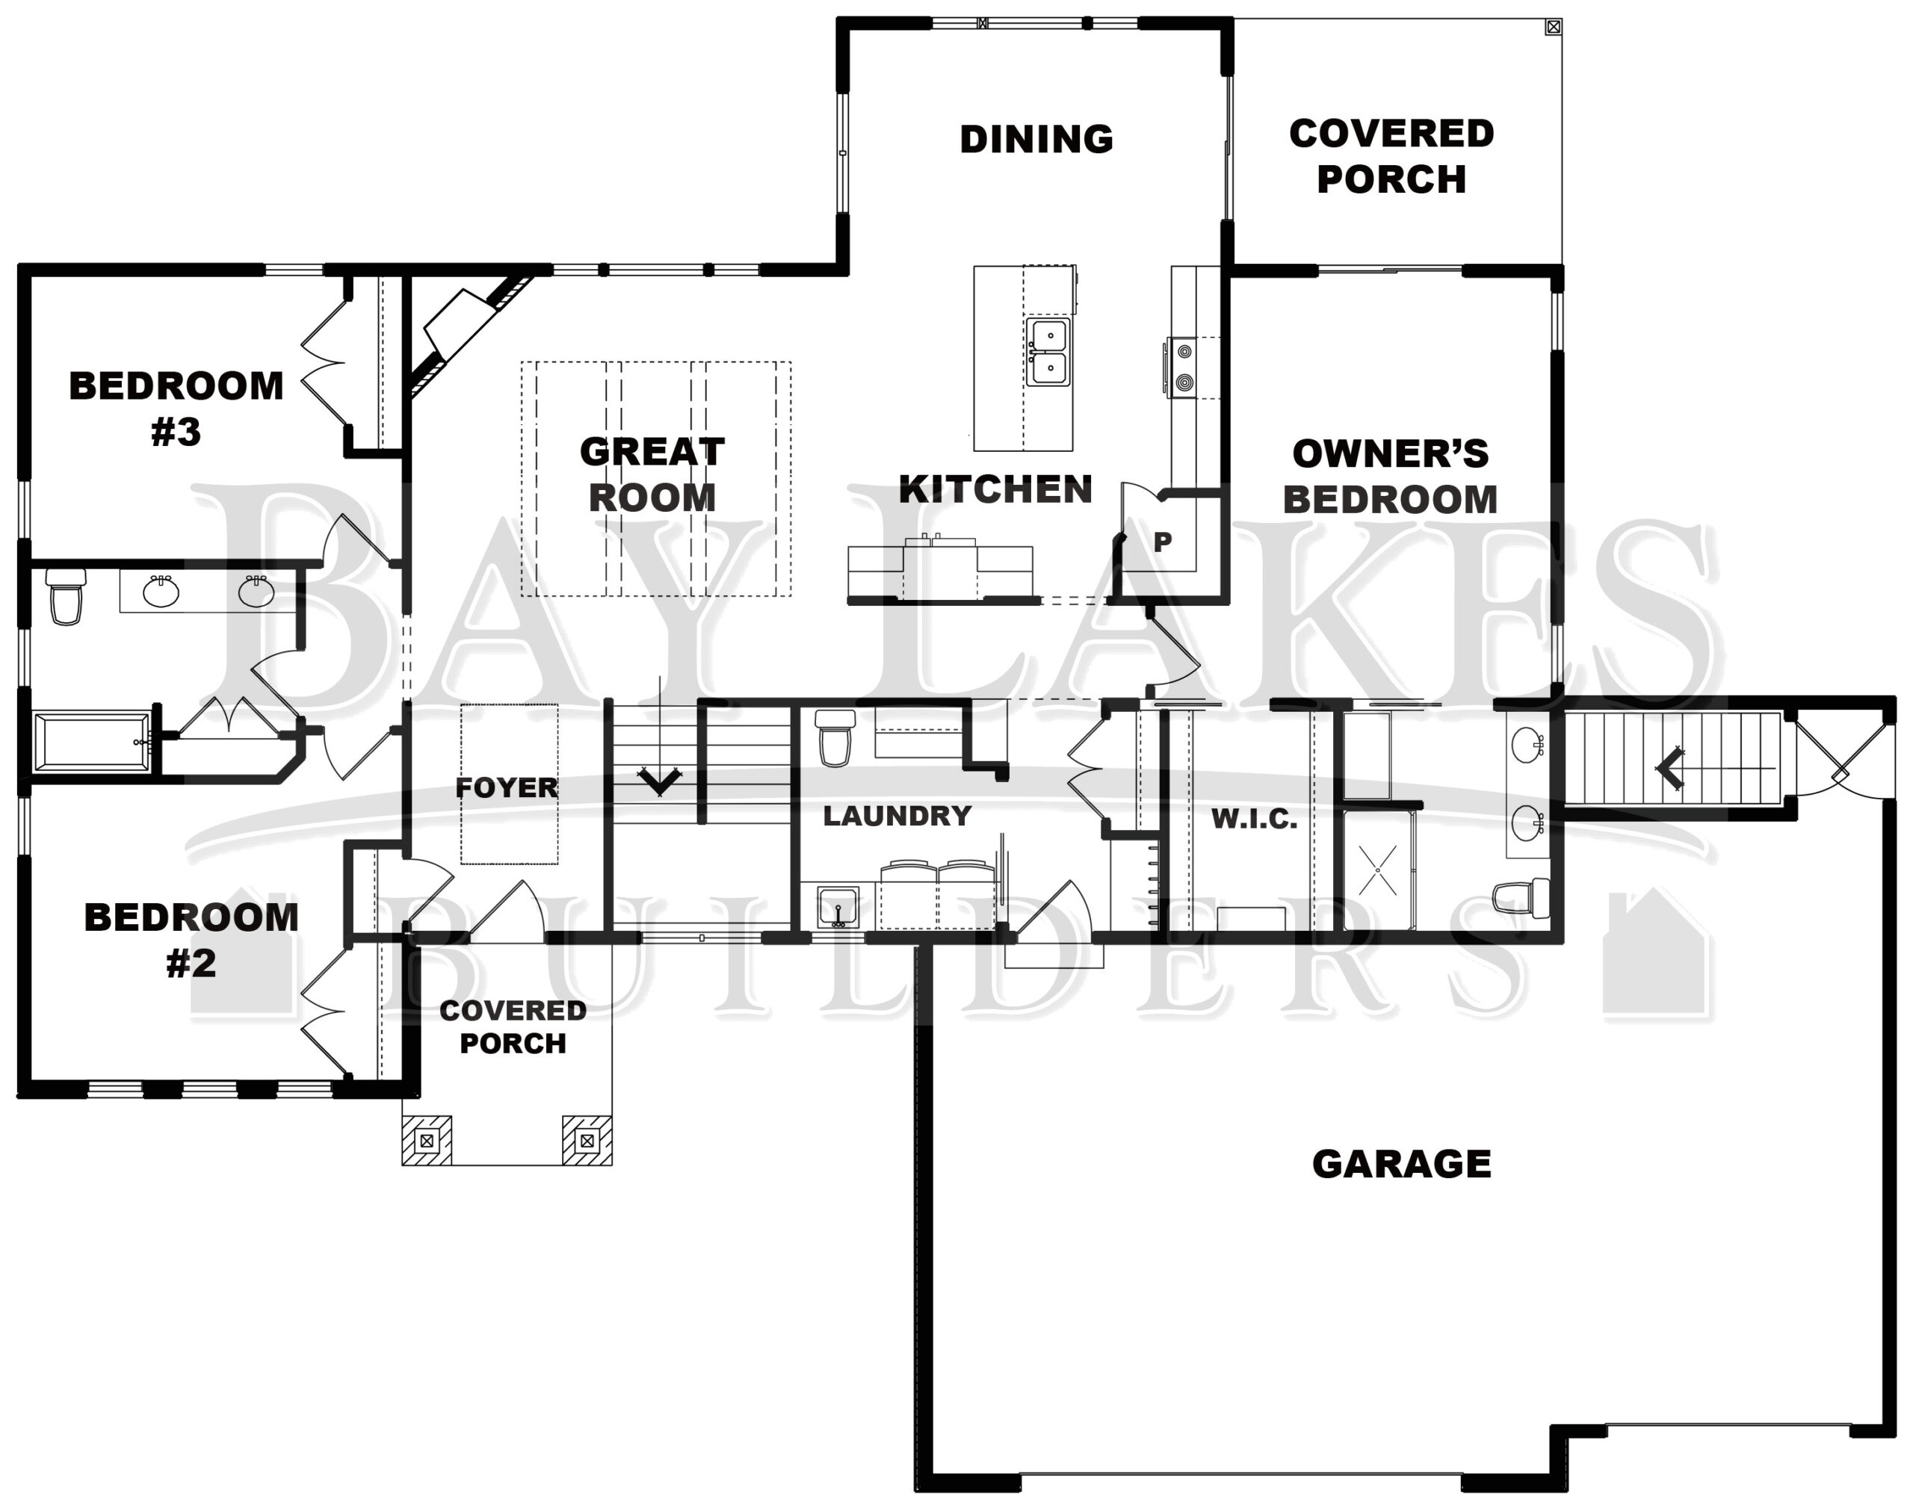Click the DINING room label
click(1036, 139)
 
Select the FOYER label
click(507, 787)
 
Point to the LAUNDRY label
click(897, 816)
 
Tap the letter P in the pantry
click(1163, 541)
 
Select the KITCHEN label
click(996, 489)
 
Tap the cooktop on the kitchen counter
click(1183, 367)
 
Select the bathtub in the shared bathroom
click(92, 742)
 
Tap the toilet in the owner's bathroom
click(1520, 896)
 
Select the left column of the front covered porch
click(427, 1140)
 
